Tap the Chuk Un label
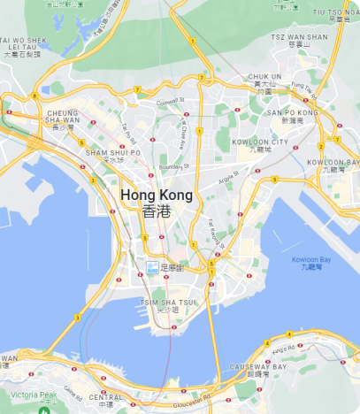click(264, 81)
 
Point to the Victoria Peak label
click(33, 395)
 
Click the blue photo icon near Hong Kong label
click(152, 266)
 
